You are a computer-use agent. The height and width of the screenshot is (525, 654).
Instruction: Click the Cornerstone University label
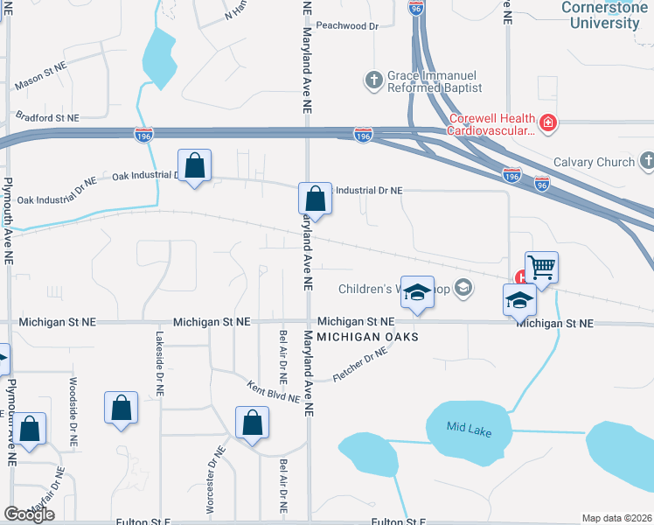(x=601, y=16)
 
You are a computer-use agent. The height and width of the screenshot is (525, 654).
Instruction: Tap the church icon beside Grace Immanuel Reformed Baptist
(x=372, y=81)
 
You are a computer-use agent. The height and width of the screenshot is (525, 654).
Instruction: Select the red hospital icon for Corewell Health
(x=548, y=123)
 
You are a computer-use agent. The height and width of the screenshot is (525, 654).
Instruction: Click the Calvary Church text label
(x=594, y=162)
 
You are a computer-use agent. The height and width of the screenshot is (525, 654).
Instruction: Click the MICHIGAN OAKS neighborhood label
(x=367, y=337)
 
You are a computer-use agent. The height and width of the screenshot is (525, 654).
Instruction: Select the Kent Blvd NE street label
(x=273, y=391)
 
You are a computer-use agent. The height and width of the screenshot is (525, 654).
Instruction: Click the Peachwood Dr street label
(x=347, y=26)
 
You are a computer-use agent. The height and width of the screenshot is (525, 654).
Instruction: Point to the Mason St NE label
(x=41, y=76)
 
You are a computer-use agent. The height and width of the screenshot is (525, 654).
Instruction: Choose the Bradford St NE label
(x=47, y=116)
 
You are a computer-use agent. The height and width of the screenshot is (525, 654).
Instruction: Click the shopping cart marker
(x=541, y=267)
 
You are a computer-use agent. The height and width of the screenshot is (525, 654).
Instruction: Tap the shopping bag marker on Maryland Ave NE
(x=315, y=198)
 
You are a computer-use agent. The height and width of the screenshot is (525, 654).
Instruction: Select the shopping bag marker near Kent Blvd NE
(x=252, y=422)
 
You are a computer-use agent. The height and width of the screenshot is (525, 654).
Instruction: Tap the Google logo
(x=29, y=514)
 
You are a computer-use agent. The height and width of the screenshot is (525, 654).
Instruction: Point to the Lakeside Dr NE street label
(x=161, y=361)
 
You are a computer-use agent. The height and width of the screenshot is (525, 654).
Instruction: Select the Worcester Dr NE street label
(x=211, y=479)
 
